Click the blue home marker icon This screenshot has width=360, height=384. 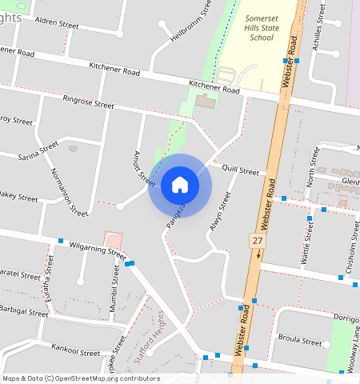pos(180,186)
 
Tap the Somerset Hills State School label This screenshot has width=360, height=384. pos(250,27)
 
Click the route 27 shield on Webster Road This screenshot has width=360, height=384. pos(257,240)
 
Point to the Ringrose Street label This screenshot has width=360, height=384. pos(88,103)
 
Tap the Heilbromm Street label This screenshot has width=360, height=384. pos(191,22)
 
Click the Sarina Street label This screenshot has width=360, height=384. pos(38,150)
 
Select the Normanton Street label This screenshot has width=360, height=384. pos(68,193)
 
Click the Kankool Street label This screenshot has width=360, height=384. pos(75,350)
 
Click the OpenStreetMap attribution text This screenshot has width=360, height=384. pos(81,378)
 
